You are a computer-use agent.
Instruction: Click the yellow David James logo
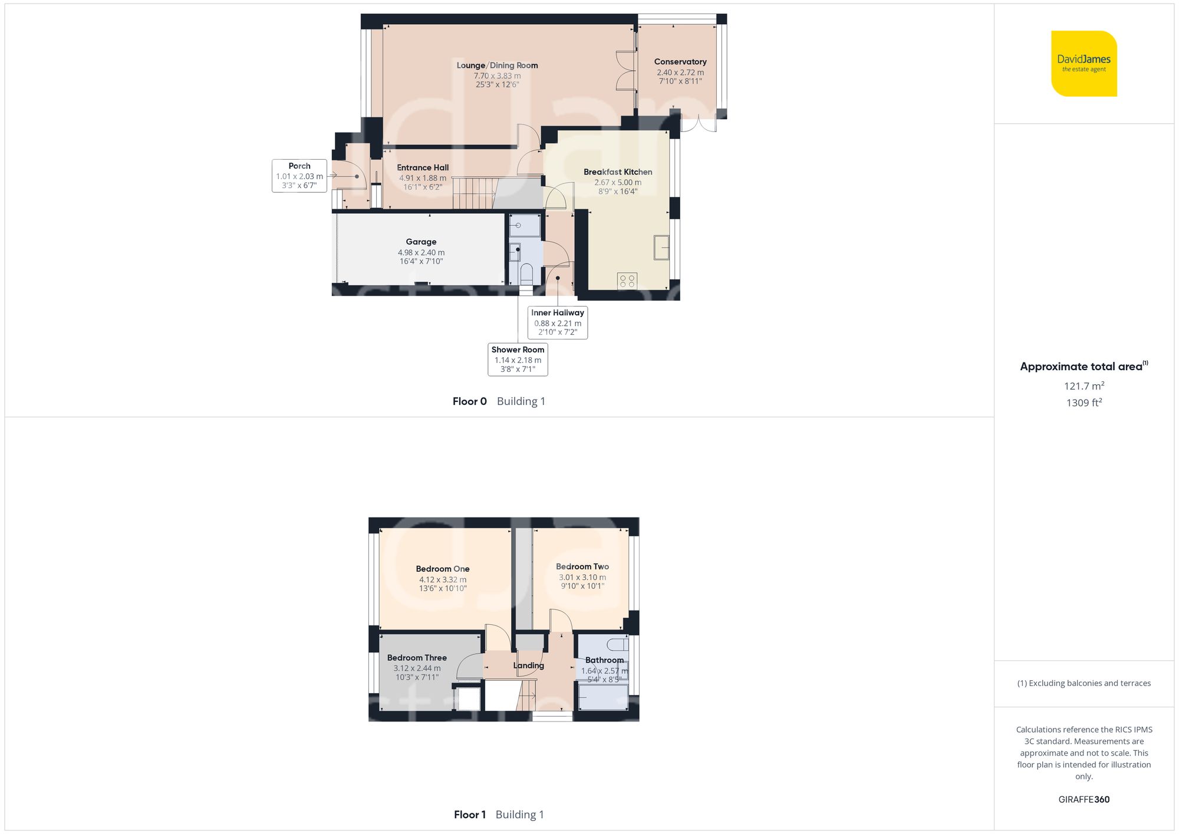pyautogui.click(x=1084, y=64)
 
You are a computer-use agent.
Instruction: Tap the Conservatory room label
pyautogui.click(x=680, y=62)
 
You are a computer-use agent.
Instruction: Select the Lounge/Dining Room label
pyautogui.click(x=497, y=65)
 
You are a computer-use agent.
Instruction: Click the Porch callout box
pyautogui.click(x=299, y=176)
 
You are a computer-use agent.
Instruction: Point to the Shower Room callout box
pyautogui.click(x=518, y=360)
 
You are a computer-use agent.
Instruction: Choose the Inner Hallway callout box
pyautogui.click(x=558, y=322)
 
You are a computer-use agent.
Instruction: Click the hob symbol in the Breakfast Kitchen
pyautogui.click(x=627, y=281)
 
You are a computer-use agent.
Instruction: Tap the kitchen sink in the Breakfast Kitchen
pyautogui.click(x=661, y=248)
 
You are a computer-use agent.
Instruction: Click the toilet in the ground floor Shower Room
pyautogui.click(x=526, y=273)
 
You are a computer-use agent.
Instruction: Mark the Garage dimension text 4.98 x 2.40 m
pyautogui.click(x=421, y=252)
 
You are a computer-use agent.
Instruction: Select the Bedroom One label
pyautogui.click(x=443, y=569)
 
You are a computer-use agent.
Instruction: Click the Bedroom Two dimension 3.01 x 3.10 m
pyautogui.click(x=582, y=578)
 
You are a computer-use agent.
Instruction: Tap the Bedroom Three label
pyautogui.click(x=417, y=658)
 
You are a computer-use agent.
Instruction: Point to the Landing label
pyautogui.click(x=528, y=665)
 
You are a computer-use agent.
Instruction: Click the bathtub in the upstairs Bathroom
pyautogui.click(x=602, y=697)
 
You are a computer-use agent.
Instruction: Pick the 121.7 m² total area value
pyautogui.click(x=1084, y=386)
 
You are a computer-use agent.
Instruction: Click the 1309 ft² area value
pyautogui.click(x=1084, y=403)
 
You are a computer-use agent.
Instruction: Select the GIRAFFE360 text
pyautogui.click(x=1084, y=800)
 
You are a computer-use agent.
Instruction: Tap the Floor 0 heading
pyautogui.click(x=469, y=401)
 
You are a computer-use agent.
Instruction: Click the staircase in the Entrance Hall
pyautogui.click(x=473, y=193)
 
